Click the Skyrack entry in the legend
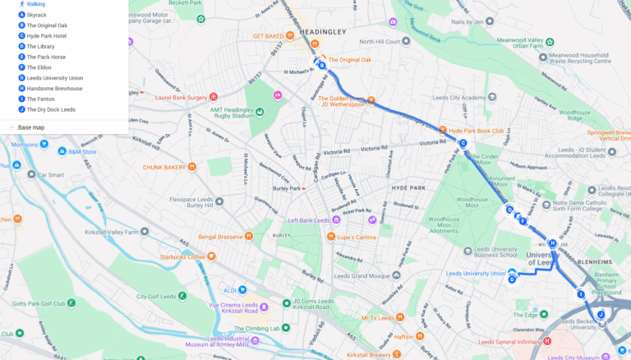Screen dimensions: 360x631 click(36, 15)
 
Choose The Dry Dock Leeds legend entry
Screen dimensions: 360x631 click(50, 109)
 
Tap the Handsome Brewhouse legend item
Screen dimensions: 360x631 click(54, 88)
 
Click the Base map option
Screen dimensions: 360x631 click(31, 127)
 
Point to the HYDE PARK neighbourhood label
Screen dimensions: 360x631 click(408, 188)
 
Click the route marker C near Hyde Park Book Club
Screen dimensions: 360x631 click(463, 144)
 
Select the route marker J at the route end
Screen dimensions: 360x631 click(601, 315)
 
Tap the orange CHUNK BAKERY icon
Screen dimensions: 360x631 click(192, 167)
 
